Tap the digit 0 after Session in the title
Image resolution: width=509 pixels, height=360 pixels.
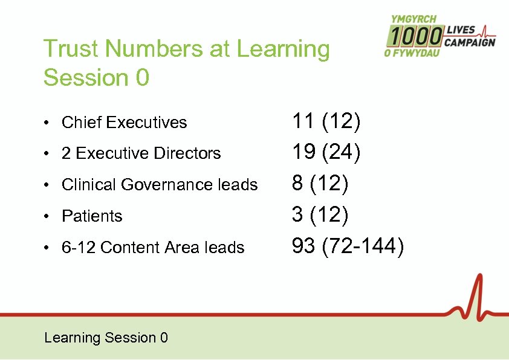click(x=140, y=78)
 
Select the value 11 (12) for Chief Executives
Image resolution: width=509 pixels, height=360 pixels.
click(x=326, y=121)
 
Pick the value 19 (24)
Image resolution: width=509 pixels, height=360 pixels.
click(x=326, y=153)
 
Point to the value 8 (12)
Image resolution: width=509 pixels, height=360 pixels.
click(x=320, y=184)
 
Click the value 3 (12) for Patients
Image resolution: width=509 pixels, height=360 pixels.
click(x=320, y=215)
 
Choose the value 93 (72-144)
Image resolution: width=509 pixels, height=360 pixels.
click(x=348, y=246)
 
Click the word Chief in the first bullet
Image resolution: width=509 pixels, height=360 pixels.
click(x=82, y=123)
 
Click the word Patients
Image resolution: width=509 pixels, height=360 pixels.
click(x=92, y=216)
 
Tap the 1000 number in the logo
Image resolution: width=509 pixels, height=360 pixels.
click(x=415, y=37)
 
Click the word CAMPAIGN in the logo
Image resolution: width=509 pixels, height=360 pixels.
click(x=470, y=42)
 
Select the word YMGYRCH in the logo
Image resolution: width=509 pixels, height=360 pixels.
click(x=413, y=20)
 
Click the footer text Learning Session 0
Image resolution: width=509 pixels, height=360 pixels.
click(x=106, y=338)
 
